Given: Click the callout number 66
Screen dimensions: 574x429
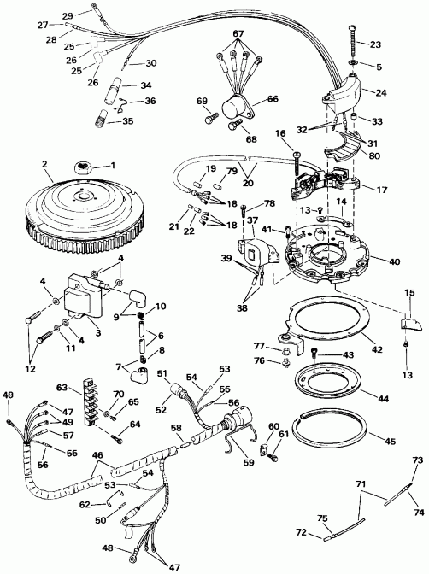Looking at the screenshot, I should tap(273, 99).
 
